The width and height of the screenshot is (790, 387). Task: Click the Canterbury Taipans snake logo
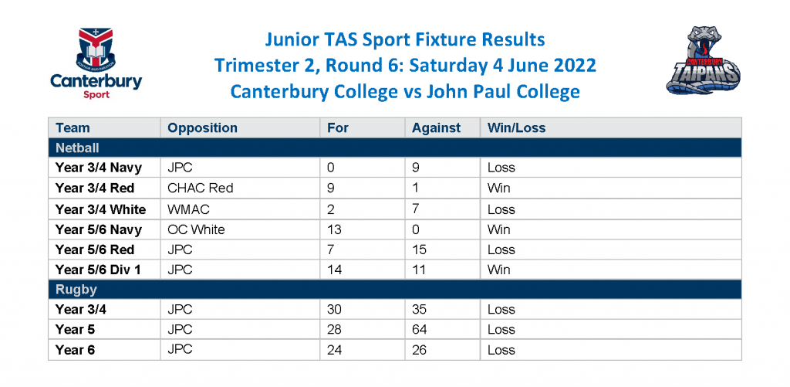click(x=704, y=61)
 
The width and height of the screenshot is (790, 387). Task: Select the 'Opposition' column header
click(x=202, y=128)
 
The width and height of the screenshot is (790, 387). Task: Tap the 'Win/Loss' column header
click(x=516, y=128)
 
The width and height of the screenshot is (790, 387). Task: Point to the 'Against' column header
click(x=437, y=128)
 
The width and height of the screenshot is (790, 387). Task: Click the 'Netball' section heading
click(x=77, y=148)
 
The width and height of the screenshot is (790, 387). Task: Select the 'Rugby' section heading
click(x=76, y=290)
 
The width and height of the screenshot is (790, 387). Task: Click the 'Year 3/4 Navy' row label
click(x=99, y=168)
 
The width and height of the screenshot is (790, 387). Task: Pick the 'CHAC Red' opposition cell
click(x=201, y=188)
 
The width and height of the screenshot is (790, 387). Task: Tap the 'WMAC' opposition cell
click(x=188, y=209)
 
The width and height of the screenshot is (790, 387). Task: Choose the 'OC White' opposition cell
click(x=196, y=229)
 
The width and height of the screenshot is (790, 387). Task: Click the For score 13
click(x=334, y=229)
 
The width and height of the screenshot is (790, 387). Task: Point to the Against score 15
click(x=419, y=250)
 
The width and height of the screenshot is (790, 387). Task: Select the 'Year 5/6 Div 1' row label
click(x=98, y=270)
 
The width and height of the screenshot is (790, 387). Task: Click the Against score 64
click(x=419, y=330)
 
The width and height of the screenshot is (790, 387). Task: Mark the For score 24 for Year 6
click(x=334, y=350)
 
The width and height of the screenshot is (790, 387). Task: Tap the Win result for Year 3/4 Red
click(x=499, y=188)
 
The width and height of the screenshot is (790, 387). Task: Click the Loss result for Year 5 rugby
click(x=501, y=330)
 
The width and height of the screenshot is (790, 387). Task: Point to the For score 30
click(x=334, y=309)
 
